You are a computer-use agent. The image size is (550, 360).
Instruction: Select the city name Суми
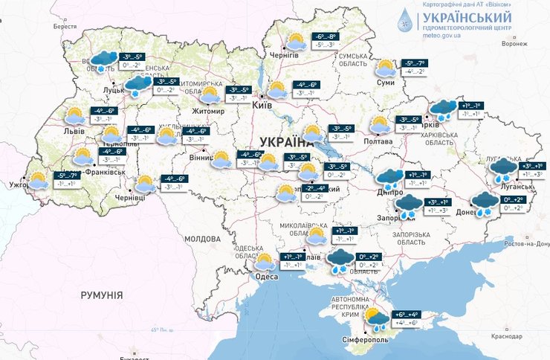pos(386,83)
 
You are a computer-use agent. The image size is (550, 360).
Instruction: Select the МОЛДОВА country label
pos(199,239)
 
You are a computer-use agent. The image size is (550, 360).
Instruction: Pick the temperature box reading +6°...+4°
pos(404,315)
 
